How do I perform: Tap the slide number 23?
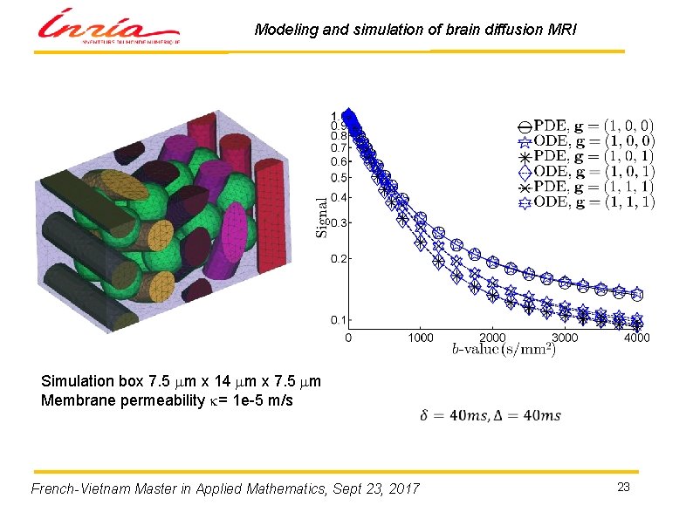click(x=623, y=487)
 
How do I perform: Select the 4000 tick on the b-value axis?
click(x=637, y=338)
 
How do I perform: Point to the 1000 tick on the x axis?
click(x=421, y=338)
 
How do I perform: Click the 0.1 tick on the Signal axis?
click(x=336, y=320)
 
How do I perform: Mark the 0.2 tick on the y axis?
click(x=336, y=259)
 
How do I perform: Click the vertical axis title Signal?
click(x=322, y=216)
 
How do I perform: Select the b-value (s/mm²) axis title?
click(x=503, y=350)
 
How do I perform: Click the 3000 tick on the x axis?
click(x=565, y=338)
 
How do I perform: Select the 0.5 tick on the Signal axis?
click(x=336, y=177)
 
